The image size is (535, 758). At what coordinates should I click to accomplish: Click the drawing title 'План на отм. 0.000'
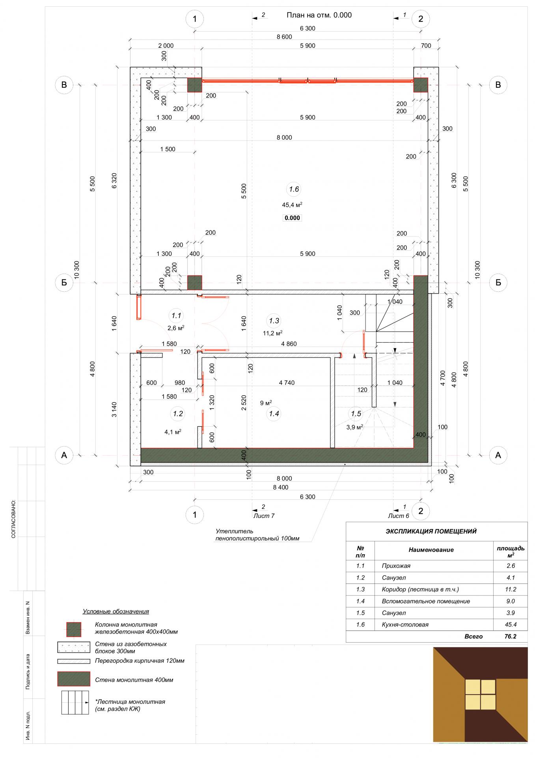(x=319, y=15)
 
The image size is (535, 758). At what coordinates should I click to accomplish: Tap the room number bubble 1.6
(x=294, y=189)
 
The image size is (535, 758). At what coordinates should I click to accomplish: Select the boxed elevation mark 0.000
(x=293, y=218)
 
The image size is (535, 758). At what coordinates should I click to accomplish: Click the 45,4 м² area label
(x=292, y=205)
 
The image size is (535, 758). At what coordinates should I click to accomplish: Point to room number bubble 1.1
(x=176, y=315)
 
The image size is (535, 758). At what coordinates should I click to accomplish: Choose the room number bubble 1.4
(x=274, y=414)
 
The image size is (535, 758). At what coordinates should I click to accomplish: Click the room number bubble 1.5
(x=356, y=414)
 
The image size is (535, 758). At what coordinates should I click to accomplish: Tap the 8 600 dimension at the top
(x=284, y=37)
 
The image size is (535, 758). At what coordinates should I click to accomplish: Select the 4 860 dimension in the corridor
(x=289, y=344)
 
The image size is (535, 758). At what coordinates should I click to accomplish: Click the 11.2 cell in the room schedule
(x=511, y=589)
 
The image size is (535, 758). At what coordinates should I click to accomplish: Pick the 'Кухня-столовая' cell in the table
(x=405, y=625)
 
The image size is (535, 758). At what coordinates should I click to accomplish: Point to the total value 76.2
(x=511, y=636)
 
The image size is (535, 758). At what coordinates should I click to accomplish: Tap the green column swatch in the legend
(x=74, y=630)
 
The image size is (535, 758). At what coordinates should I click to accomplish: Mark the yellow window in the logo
(x=480, y=694)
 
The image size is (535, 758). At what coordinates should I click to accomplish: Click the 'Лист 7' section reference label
(x=264, y=516)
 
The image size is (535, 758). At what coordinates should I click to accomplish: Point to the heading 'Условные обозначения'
(x=116, y=612)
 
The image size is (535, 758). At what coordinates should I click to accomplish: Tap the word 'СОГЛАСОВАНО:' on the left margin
(x=13, y=519)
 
